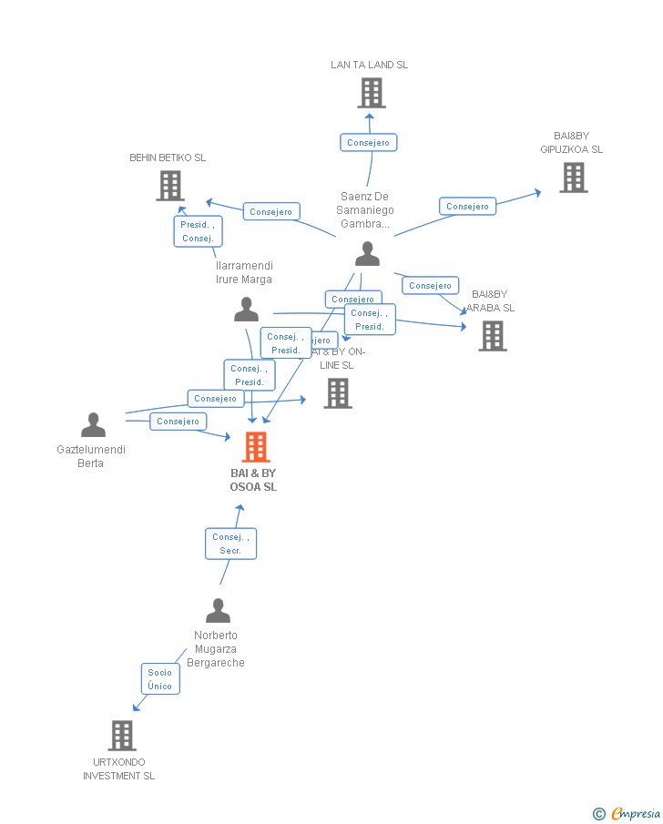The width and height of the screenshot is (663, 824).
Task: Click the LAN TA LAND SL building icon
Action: [371, 93]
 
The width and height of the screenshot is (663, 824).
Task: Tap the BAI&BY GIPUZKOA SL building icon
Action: [573, 178]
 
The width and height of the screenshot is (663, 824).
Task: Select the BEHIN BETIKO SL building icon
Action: [170, 186]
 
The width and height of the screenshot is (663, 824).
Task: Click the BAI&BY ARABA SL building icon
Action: [493, 336]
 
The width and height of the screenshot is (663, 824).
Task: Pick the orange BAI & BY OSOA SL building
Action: [256, 447]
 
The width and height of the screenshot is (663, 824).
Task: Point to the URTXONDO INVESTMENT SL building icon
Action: [121, 736]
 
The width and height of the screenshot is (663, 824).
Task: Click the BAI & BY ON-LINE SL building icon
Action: [338, 393]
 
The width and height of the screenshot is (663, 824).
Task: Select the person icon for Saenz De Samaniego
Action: [367, 254]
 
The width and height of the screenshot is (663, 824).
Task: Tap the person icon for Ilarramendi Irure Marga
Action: [246, 310]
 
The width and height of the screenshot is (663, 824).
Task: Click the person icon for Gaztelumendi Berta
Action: [93, 425]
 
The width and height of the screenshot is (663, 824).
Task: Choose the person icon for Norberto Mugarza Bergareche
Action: [218, 610]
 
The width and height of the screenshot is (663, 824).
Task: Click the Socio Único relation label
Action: [159, 679]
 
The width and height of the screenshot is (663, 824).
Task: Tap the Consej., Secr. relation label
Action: [230, 544]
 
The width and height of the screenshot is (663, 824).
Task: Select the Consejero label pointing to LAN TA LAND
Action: [369, 143]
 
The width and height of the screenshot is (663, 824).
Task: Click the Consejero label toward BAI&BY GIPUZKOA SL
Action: [468, 207]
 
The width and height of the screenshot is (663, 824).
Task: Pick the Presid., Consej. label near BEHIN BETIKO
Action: [198, 231]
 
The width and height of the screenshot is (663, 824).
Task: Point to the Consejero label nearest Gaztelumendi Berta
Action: [178, 422]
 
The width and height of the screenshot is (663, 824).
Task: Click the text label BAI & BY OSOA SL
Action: [253, 480]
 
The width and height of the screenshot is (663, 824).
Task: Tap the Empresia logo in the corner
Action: [627, 813]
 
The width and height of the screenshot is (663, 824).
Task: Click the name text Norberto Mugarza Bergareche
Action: [216, 649]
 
